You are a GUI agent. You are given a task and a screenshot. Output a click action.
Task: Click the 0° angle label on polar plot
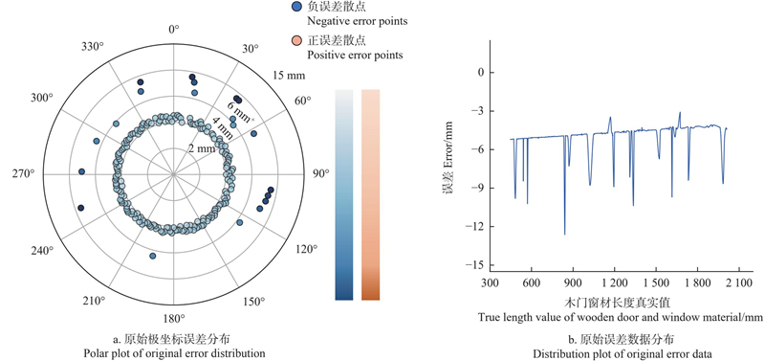(x=174, y=30)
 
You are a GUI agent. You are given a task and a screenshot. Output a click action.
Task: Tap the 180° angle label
(x=174, y=319)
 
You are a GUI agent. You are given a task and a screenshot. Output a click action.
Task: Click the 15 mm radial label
(x=290, y=76)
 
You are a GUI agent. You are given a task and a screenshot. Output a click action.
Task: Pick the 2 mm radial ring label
(x=203, y=149)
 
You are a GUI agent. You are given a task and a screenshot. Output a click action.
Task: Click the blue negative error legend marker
(x=296, y=7)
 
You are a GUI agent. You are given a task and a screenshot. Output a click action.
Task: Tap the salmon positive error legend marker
(x=296, y=40)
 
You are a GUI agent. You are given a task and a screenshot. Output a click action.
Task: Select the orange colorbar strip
(x=370, y=194)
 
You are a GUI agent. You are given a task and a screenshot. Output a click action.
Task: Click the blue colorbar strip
(x=344, y=194)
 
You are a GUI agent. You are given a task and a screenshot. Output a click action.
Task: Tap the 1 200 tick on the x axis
(x=614, y=282)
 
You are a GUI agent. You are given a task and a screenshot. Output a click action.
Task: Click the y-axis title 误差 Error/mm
(x=448, y=157)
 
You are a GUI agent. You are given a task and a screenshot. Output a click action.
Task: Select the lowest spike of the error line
(x=564, y=235)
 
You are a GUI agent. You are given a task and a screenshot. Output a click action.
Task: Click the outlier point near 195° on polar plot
(x=153, y=256)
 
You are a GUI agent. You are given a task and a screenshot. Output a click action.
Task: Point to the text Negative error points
(x=357, y=21)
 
